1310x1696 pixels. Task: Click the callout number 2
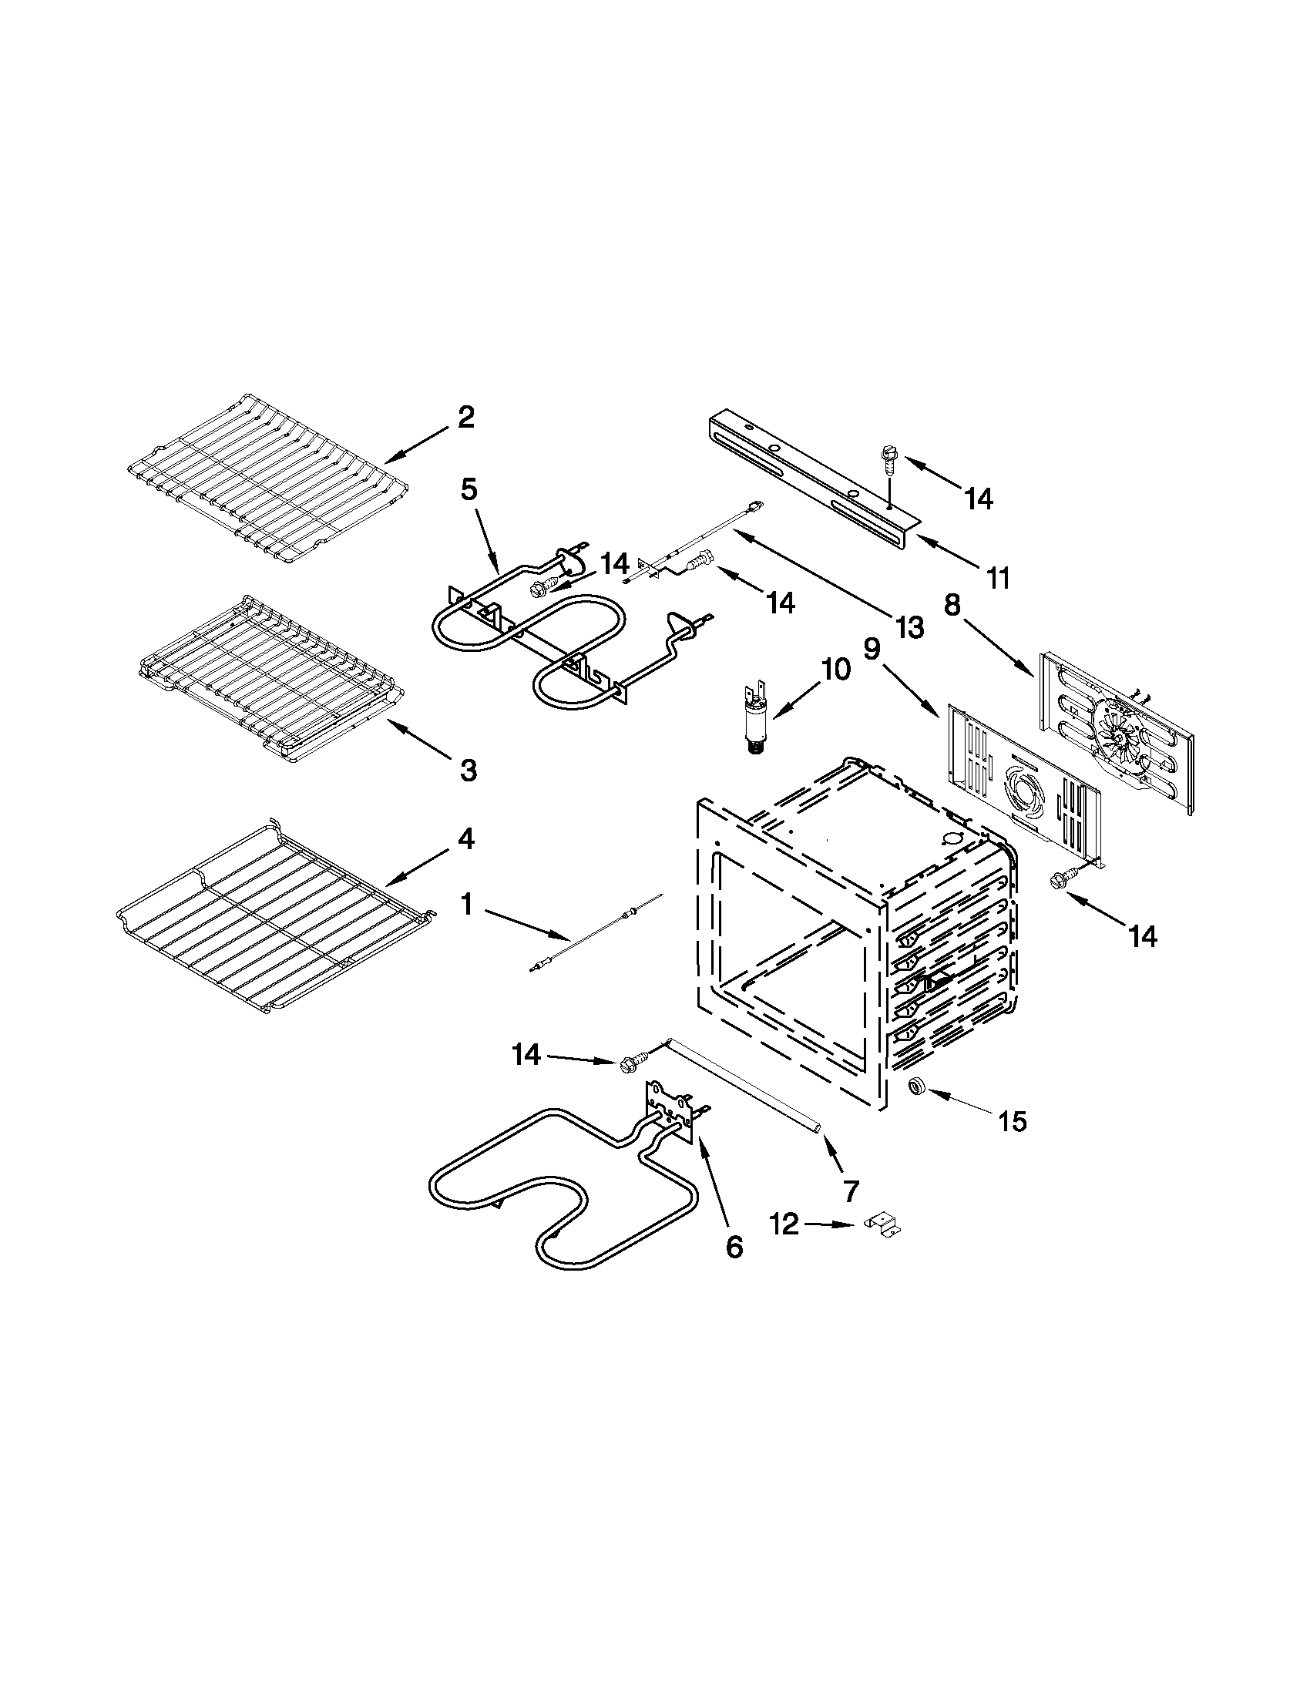click(465, 418)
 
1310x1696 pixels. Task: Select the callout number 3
click(468, 770)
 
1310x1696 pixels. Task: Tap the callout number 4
click(465, 838)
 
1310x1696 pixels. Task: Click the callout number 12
click(785, 1224)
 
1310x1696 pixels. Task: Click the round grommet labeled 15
click(918, 1086)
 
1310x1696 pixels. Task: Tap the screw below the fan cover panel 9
click(1060, 879)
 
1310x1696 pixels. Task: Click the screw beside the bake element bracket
click(633, 1063)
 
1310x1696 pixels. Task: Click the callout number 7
click(850, 1190)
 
